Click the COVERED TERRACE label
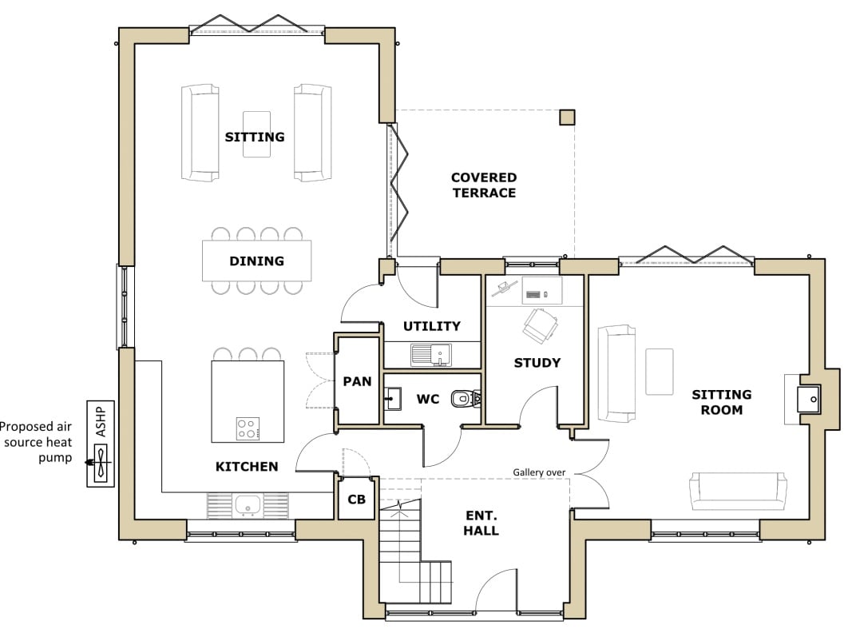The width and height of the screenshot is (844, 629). (484, 185)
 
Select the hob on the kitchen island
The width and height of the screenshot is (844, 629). (248, 429)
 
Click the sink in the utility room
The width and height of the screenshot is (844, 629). (431, 355)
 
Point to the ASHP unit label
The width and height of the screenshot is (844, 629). (101, 421)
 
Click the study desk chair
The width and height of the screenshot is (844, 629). (540, 325)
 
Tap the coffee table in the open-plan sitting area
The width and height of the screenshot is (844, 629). (257, 134)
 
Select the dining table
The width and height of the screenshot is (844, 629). (257, 261)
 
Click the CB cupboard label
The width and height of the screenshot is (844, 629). (356, 500)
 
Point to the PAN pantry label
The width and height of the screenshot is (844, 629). (358, 381)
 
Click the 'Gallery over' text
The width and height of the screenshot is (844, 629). (539, 472)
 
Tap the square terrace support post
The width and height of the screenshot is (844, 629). (567, 117)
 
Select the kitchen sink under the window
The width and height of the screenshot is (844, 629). (248, 505)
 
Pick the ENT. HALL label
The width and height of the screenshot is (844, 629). (481, 523)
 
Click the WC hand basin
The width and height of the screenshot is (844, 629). (392, 399)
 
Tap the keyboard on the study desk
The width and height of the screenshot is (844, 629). (533, 294)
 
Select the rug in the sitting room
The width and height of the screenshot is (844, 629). (660, 372)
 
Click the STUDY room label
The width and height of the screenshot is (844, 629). (537, 363)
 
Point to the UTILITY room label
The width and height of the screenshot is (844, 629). (432, 326)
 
